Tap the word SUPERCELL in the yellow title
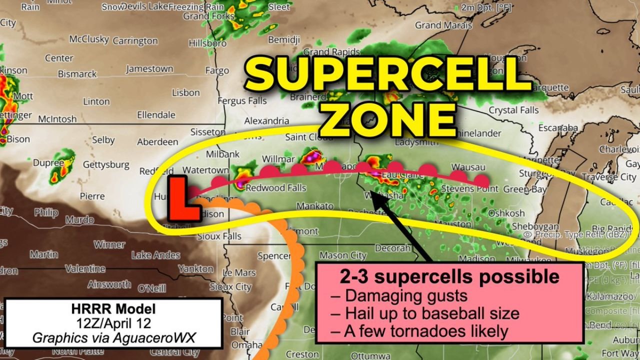pos(386,75)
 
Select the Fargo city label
pos(217,71)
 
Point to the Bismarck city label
pos(77,74)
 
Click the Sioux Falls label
pos(219,236)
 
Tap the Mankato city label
pos(314,206)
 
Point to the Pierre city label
pos(92,196)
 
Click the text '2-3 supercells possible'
pos(449,276)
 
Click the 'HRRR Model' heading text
pos(113,309)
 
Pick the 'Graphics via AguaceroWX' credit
pos(114,337)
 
